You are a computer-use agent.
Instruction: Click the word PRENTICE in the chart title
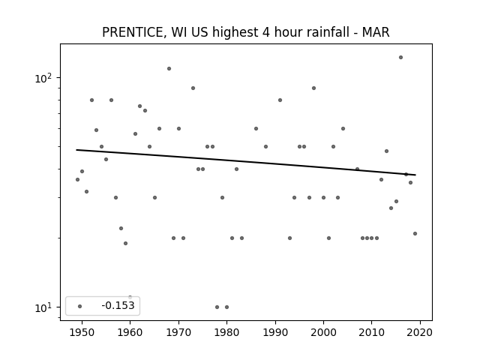(133, 32)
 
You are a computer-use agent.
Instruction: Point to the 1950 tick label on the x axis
(82, 332)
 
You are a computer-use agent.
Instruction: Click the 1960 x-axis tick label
(130, 332)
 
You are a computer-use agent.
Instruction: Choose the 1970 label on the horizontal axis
(178, 332)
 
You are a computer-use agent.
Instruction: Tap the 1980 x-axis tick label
(226, 332)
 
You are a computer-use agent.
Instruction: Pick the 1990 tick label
(275, 332)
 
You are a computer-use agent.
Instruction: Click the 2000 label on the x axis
(323, 332)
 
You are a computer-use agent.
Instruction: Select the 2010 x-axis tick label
(372, 332)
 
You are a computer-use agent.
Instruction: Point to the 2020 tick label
(420, 332)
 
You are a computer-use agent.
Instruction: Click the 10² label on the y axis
(43, 78)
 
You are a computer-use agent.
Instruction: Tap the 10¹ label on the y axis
(43, 307)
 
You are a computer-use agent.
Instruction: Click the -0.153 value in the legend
(118, 305)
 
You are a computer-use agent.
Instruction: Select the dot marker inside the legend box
(80, 306)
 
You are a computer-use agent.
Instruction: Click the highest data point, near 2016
(400, 57)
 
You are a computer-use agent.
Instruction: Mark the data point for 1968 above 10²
(169, 68)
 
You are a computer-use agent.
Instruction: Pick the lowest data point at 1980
(226, 307)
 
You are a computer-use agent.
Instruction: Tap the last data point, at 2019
(415, 233)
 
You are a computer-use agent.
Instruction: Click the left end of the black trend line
(76, 150)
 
